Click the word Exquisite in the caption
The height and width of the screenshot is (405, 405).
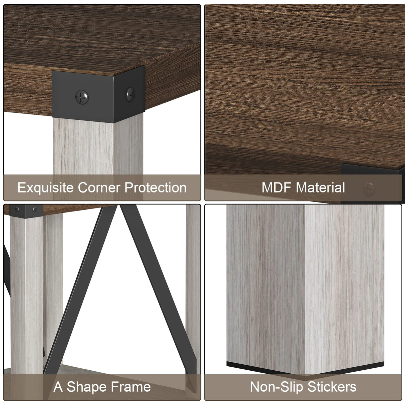point(46,188)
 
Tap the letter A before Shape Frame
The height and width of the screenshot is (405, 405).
point(58,387)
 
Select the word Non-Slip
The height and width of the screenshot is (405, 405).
point(277,387)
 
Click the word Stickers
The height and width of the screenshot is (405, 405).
point(332,387)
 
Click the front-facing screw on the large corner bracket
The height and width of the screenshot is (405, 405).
point(82,97)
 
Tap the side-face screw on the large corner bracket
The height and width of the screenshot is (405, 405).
point(130,94)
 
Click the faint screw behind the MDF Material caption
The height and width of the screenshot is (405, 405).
point(369,189)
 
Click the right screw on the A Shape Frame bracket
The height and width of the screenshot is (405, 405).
point(34,210)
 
